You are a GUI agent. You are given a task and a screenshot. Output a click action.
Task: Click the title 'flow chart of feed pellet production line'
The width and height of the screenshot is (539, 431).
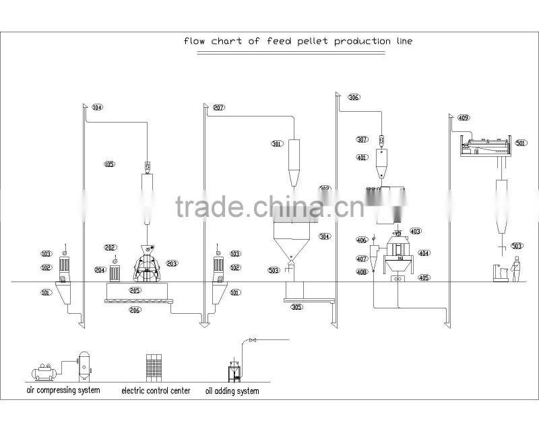coord(298,41)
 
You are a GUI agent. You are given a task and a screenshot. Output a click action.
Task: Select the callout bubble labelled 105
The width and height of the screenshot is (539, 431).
coord(110,164)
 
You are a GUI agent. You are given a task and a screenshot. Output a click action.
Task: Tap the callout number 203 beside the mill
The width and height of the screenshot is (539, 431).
coord(172,263)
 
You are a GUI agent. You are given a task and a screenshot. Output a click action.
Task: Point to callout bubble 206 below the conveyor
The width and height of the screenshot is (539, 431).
coord(135,310)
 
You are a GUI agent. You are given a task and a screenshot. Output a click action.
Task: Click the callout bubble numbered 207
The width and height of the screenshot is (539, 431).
coord(218,108)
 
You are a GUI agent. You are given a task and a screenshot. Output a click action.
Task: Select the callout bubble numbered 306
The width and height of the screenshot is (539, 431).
coord(353,98)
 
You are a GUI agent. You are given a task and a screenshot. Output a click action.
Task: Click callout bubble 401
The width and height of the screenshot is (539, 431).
coord(362,158)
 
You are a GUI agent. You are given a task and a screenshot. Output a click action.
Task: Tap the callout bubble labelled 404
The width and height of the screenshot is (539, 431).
coord(424,254)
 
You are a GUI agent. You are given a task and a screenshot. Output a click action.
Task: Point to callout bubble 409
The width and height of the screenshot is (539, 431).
coord(463,118)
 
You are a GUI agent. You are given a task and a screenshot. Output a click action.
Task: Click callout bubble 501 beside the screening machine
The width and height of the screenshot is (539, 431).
coord(520,143)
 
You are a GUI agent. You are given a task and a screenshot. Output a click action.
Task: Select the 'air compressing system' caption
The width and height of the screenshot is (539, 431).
coord(63,391)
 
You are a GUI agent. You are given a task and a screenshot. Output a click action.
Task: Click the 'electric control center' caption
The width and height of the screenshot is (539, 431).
coord(156,391)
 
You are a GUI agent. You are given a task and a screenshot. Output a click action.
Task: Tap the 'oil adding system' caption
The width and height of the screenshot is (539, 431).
coord(232,391)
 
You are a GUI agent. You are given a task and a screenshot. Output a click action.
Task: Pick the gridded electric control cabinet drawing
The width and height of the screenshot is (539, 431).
coord(156,367)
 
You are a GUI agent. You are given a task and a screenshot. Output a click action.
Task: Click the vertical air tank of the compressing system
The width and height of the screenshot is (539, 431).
coord(85,366)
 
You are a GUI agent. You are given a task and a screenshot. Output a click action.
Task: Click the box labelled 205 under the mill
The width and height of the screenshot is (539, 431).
coord(135,291)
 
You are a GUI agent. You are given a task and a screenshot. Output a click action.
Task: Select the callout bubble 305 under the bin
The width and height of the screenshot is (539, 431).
coord(296,306)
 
